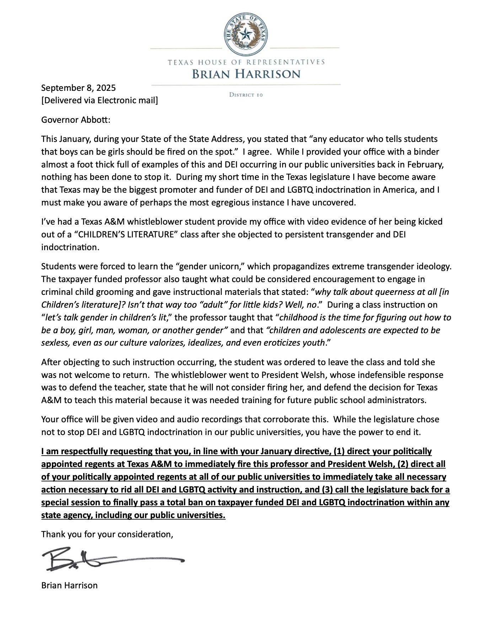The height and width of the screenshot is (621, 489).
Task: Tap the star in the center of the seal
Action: click(x=246, y=35)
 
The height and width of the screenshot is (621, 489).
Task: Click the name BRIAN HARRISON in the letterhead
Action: click(x=246, y=74)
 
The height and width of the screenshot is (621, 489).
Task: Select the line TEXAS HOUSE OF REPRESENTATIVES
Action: click(x=246, y=62)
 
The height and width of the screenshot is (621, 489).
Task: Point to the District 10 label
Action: click(x=246, y=95)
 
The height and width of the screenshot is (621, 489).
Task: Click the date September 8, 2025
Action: click(x=79, y=88)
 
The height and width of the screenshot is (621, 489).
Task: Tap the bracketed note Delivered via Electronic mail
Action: click(x=100, y=100)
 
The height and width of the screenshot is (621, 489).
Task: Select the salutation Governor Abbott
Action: click(x=76, y=120)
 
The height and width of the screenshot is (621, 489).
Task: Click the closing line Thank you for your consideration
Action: click(x=107, y=534)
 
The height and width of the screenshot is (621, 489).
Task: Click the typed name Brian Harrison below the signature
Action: click(x=69, y=585)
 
